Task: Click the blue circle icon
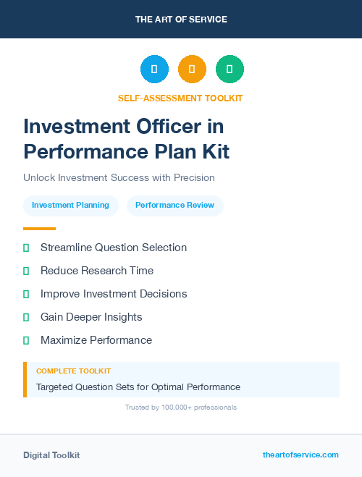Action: click(x=154, y=69)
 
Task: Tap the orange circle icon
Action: click(x=192, y=69)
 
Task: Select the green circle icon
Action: click(x=230, y=69)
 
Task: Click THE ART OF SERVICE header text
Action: click(x=181, y=20)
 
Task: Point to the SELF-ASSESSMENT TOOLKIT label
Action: click(x=180, y=98)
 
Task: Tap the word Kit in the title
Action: click(x=215, y=152)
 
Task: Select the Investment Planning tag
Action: click(x=70, y=205)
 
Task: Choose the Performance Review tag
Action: click(x=174, y=205)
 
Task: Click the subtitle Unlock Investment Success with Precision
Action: click(x=119, y=177)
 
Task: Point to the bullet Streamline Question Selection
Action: click(x=114, y=248)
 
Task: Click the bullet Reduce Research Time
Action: click(x=97, y=271)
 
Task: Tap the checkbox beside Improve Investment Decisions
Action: click(x=26, y=294)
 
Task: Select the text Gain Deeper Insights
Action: click(x=91, y=317)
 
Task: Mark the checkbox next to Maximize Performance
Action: click(x=26, y=340)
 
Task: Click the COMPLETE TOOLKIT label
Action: click(x=73, y=371)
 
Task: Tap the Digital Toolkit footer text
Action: click(x=51, y=455)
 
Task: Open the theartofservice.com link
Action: click(x=300, y=455)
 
